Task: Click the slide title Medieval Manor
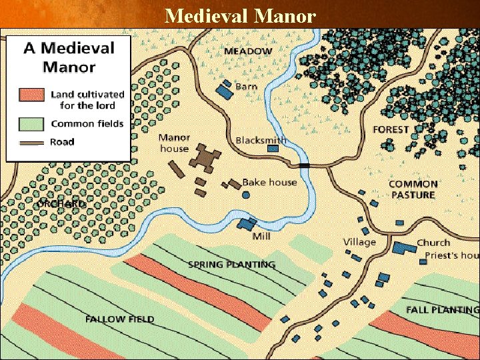click(x=240, y=15)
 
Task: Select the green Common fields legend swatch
click(x=29, y=123)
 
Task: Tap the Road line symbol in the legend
click(x=29, y=142)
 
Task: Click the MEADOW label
click(x=248, y=51)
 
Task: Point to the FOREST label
click(x=391, y=129)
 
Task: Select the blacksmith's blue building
click(x=273, y=148)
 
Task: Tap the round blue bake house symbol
click(x=246, y=195)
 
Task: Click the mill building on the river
click(x=247, y=223)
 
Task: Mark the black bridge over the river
click(x=305, y=165)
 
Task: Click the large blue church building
click(x=403, y=248)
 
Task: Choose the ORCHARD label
click(x=62, y=203)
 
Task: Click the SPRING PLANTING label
click(x=231, y=265)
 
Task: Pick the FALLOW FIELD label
click(x=119, y=319)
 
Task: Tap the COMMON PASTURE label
click(x=413, y=189)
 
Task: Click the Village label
click(x=359, y=242)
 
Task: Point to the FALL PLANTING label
click(x=442, y=310)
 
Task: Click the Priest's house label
click(x=447, y=255)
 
